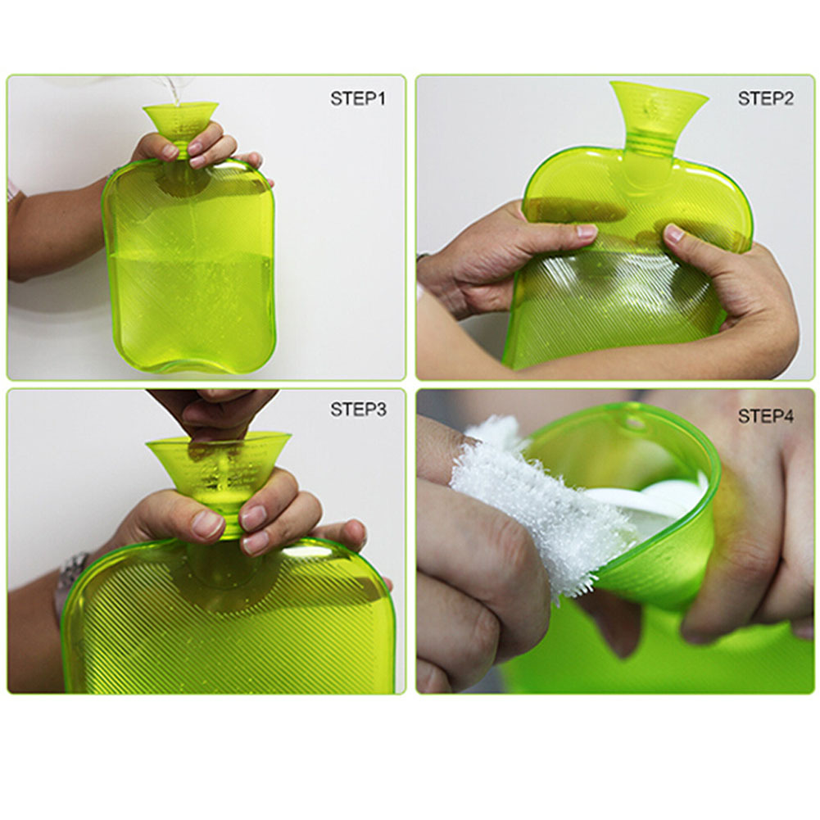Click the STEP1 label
[x=357, y=98]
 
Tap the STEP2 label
[x=765, y=98]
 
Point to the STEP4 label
[x=765, y=416]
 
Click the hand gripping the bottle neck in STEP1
[x=197, y=147]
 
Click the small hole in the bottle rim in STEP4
[x=633, y=424]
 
